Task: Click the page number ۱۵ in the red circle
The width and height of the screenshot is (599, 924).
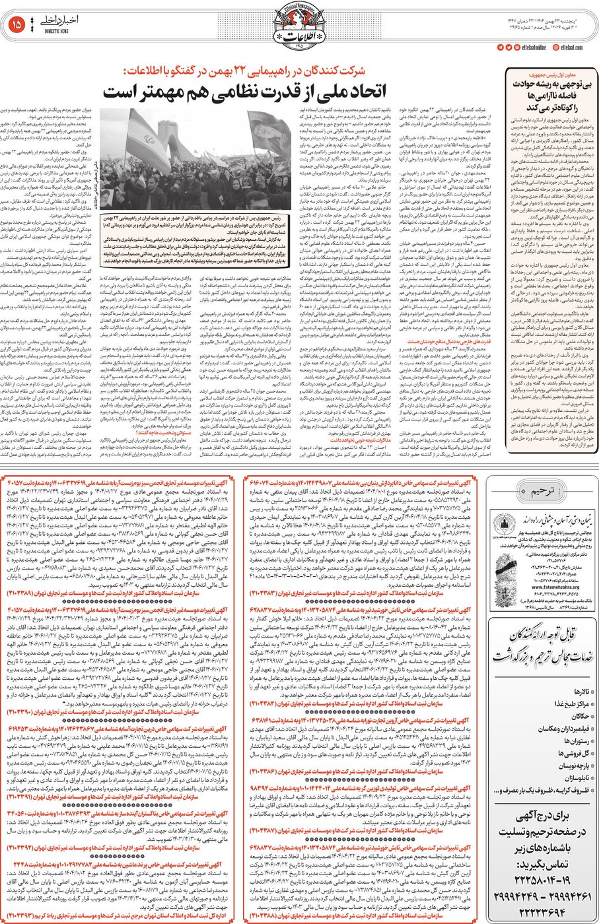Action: click(x=17, y=25)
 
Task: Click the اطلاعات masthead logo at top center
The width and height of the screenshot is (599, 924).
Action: click(x=300, y=24)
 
